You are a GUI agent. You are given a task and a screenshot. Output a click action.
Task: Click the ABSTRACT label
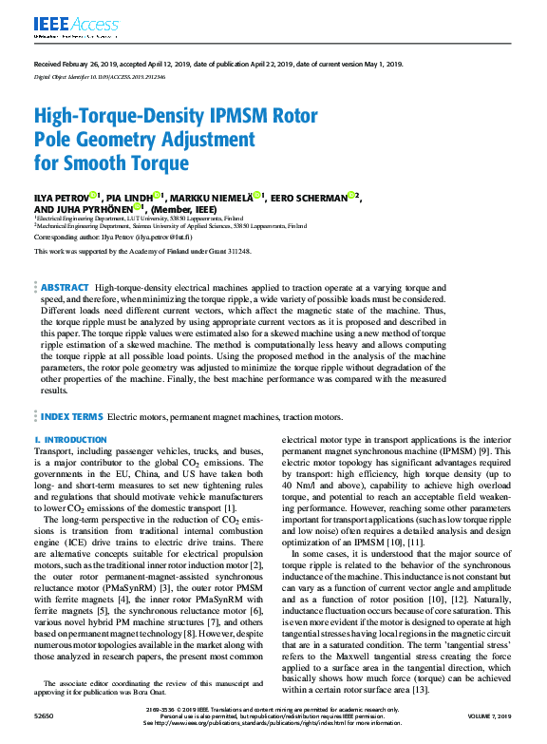[x=65, y=287]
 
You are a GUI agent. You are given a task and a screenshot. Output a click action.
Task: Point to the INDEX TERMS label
[x=71, y=416]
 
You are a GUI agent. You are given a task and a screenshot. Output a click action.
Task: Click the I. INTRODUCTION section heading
[x=71, y=440]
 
